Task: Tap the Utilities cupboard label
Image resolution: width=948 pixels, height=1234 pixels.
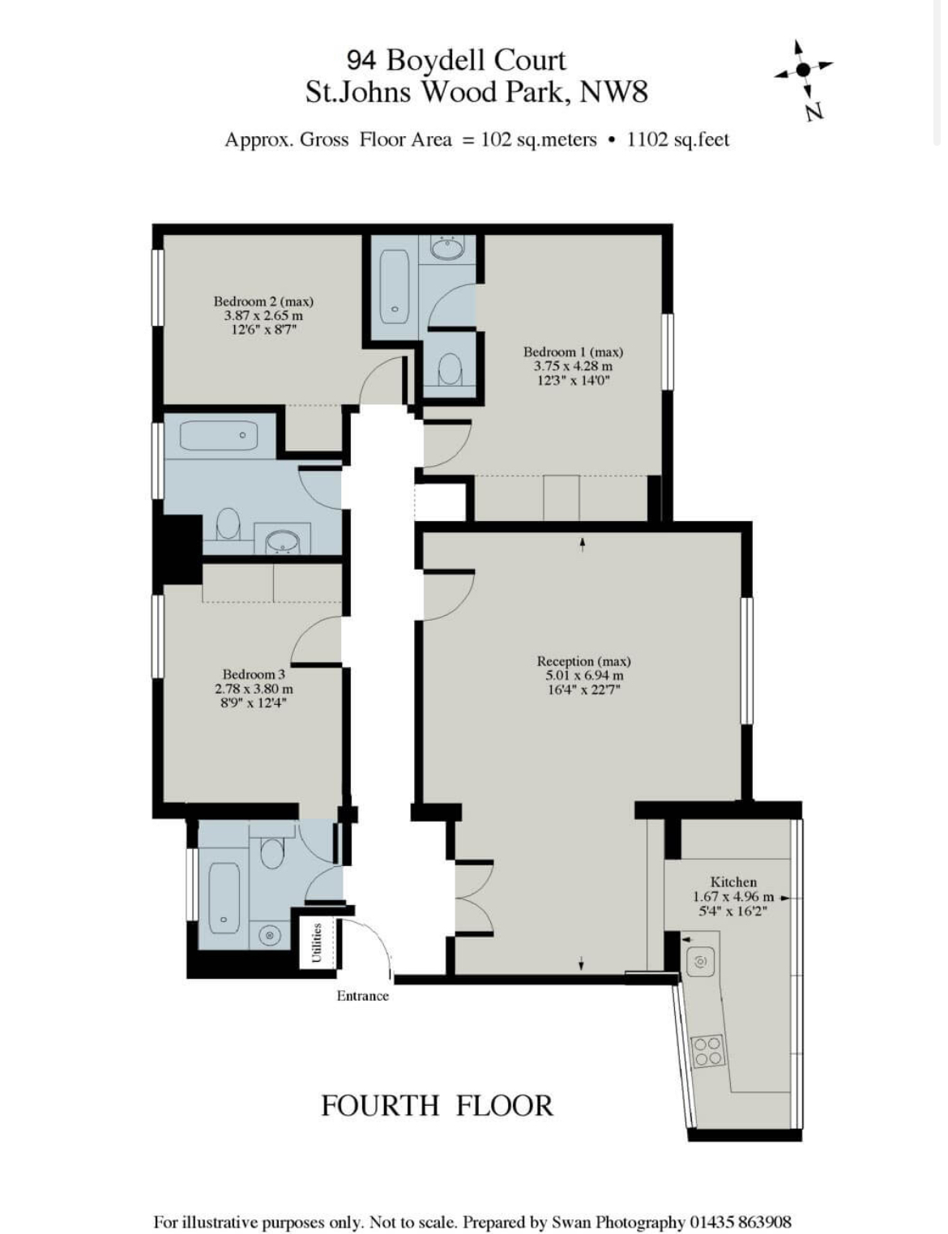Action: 318,943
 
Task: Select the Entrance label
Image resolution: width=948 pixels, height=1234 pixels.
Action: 363,996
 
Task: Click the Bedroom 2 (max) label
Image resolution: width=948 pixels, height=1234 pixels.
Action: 263,301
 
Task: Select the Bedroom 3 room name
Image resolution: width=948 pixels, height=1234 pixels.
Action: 254,675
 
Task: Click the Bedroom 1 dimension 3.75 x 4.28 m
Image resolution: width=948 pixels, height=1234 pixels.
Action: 574,366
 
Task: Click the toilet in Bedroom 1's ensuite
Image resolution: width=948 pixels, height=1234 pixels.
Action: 451,369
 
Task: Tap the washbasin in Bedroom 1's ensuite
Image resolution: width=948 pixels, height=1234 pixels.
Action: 448,249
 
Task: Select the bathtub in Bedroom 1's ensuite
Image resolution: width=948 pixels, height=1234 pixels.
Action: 395,287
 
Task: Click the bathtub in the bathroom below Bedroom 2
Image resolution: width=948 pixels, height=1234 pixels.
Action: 219,436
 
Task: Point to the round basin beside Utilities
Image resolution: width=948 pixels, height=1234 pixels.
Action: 270,934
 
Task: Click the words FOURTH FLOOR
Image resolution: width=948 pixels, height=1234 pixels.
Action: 437,1106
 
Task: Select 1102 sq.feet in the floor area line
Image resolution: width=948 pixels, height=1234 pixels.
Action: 678,139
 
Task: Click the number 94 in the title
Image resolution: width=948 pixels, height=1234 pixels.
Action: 361,60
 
